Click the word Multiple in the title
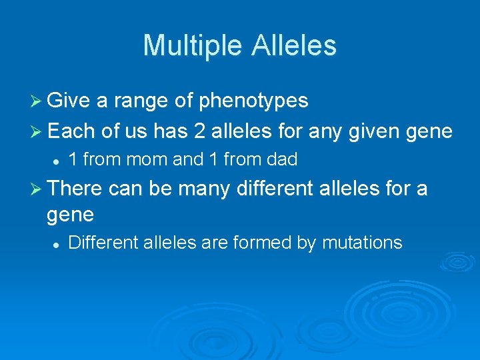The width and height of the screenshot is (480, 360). [193, 45]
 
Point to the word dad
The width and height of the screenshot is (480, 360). [280, 160]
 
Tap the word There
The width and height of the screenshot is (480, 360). [75, 190]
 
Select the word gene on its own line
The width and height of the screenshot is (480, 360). [71, 215]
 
